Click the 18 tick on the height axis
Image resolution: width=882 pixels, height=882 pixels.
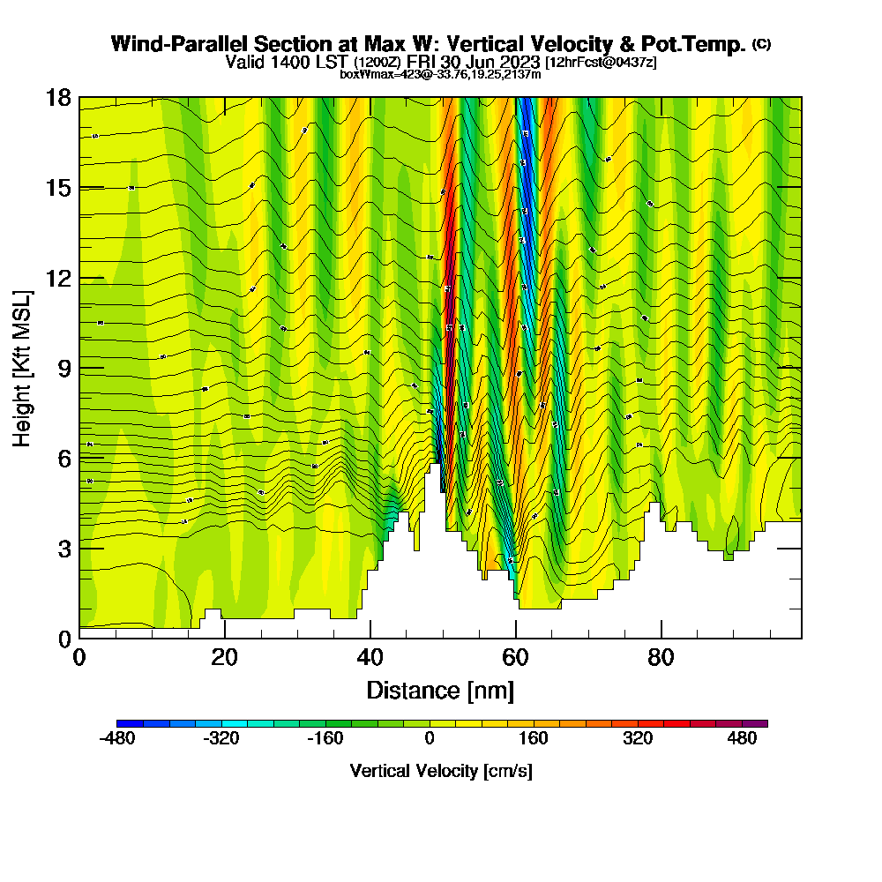[x=79, y=97]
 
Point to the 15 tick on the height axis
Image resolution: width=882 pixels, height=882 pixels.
[x=79, y=187]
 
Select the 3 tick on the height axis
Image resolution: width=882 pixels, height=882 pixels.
[x=79, y=548]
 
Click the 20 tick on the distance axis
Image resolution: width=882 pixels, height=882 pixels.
[x=225, y=638]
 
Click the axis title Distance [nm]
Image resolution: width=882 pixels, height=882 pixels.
[x=440, y=690]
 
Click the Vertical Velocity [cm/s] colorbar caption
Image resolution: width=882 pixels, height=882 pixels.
[x=441, y=771]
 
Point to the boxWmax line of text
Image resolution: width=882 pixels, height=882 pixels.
[x=440, y=74]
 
